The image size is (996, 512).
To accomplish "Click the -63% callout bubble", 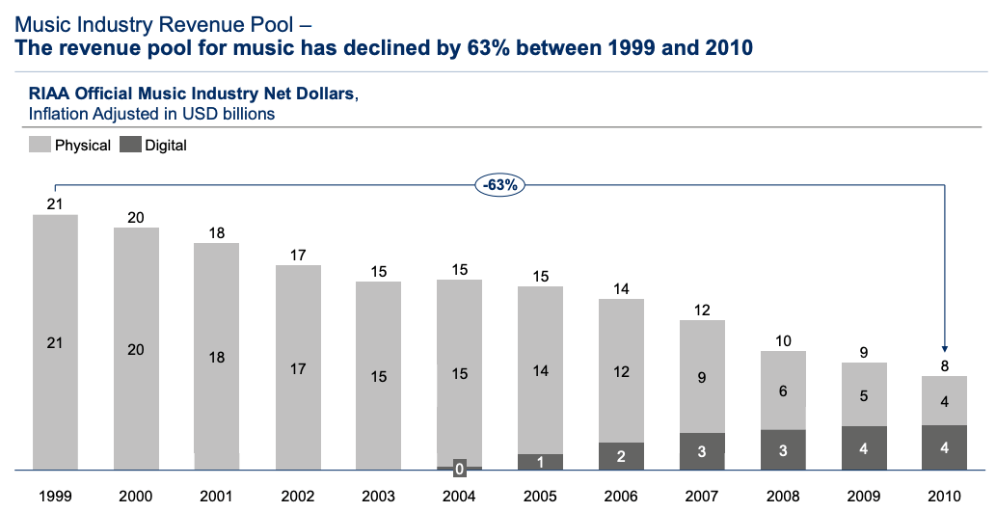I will click(499, 185).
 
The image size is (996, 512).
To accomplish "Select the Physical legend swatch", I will click(40, 146).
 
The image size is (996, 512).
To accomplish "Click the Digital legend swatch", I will click(129, 146).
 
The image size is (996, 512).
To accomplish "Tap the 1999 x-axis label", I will click(55, 496).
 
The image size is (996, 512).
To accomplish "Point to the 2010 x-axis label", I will click(945, 496).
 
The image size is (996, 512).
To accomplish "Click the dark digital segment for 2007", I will click(702, 451).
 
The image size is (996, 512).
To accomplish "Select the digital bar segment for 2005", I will click(540, 462).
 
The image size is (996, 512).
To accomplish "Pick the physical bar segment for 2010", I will click(945, 400).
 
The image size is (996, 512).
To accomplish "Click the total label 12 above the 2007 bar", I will click(702, 310).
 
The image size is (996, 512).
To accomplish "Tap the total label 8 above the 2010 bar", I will click(945, 365).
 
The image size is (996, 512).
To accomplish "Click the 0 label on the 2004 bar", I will click(460, 469).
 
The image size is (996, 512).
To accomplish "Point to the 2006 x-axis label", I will click(622, 496).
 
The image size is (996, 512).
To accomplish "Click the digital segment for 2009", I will click(864, 448).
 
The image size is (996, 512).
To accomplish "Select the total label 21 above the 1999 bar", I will click(55, 203).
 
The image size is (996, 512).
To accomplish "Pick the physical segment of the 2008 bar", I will click(783, 390).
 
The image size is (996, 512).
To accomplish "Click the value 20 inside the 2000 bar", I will click(136, 349).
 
